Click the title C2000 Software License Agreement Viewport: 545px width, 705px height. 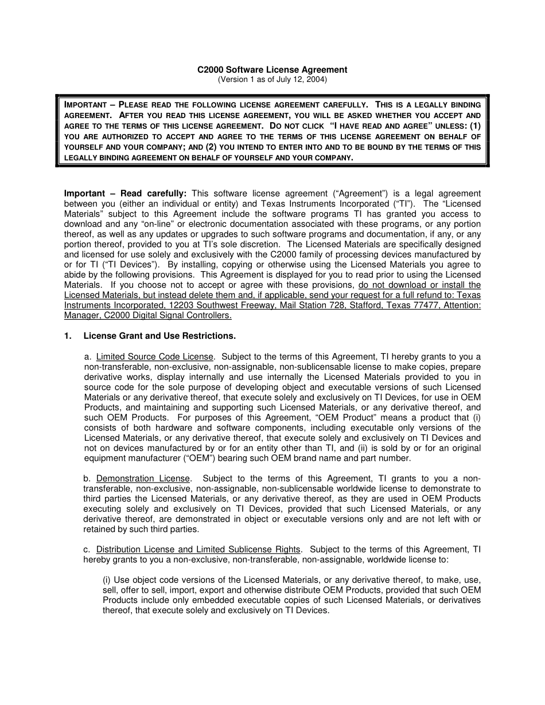point(272,70)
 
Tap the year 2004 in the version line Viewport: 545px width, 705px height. point(316,80)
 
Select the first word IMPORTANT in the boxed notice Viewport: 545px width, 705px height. point(85,105)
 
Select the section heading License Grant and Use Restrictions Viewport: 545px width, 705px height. point(159,336)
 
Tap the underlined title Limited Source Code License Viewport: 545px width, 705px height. point(155,357)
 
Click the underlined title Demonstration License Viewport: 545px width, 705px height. point(143,478)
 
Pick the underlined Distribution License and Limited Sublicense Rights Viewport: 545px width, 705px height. point(198,549)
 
